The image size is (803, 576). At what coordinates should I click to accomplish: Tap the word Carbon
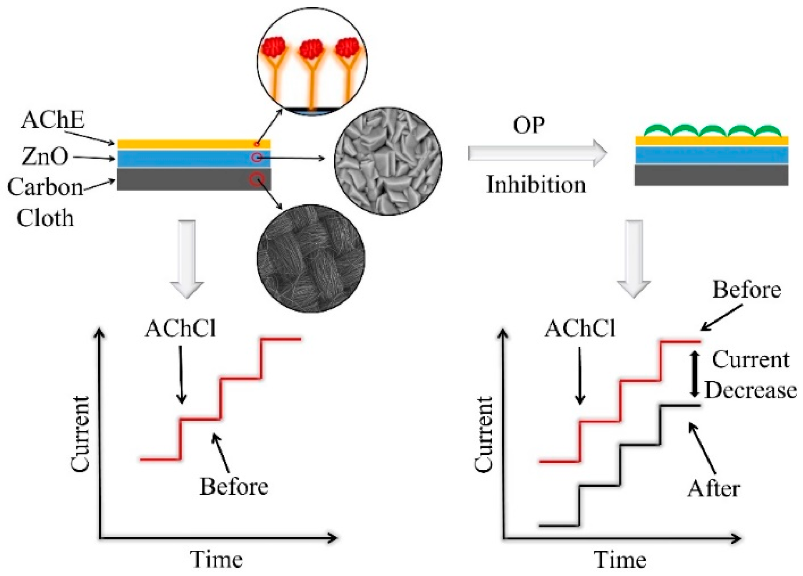click(x=45, y=187)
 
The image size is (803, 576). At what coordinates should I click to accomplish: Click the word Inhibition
click(x=536, y=185)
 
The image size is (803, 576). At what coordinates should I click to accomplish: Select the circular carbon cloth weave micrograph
click(x=311, y=258)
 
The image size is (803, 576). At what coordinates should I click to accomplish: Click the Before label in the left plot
click(x=234, y=486)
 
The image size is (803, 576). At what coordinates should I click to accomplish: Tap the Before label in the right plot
click(x=747, y=290)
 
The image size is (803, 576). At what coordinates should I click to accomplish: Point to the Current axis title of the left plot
click(x=79, y=434)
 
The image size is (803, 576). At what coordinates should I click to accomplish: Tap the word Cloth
click(x=45, y=217)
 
